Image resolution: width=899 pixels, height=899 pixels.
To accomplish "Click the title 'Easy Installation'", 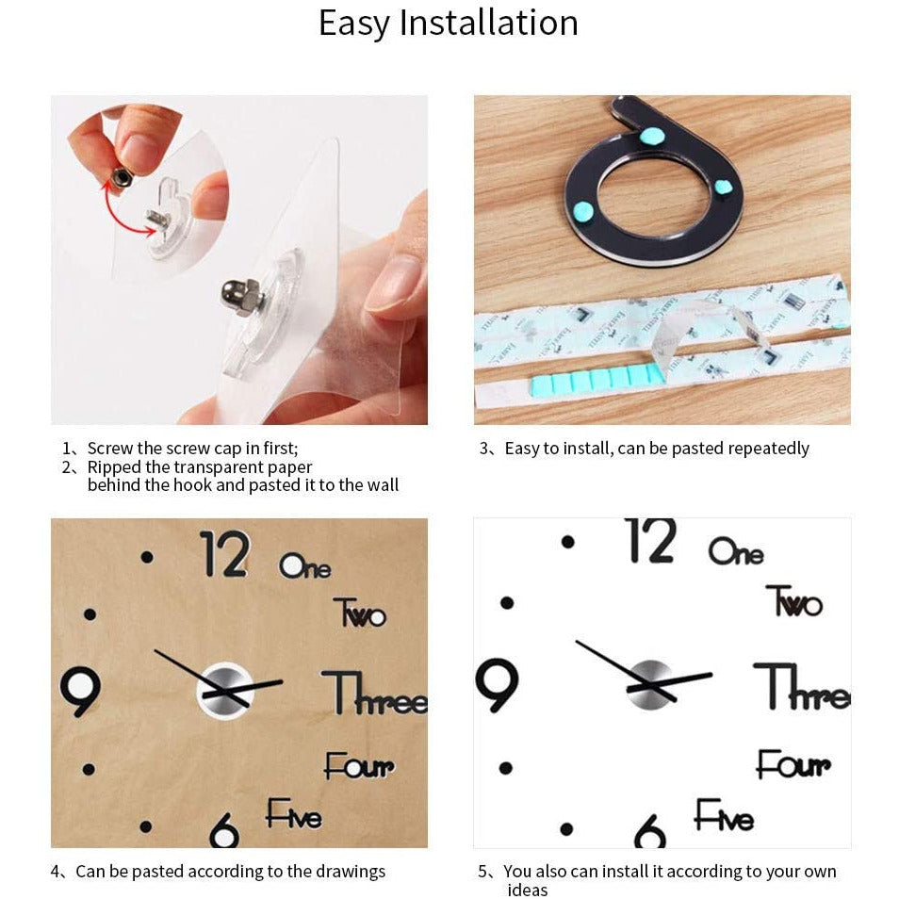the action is [x=448, y=24].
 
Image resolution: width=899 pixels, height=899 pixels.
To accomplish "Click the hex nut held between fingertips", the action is [x=123, y=176].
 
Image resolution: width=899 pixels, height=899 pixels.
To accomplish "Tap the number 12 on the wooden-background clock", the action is [x=225, y=553].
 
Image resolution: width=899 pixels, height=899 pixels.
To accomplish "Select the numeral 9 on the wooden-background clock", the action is [x=81, y=690].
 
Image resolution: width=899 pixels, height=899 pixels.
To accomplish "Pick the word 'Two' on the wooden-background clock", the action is [x=360, y=613].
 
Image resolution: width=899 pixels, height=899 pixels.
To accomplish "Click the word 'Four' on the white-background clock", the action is [x=793, y=764].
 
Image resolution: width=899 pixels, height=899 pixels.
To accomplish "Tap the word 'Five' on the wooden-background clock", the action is [x=294, y=813].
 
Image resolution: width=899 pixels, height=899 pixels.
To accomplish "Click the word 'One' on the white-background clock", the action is [x=736, y=551].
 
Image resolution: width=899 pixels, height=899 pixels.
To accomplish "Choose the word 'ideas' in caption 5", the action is [x=528, y=890].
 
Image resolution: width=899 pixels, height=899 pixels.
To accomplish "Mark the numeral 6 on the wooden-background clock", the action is [x=224, y=829].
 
